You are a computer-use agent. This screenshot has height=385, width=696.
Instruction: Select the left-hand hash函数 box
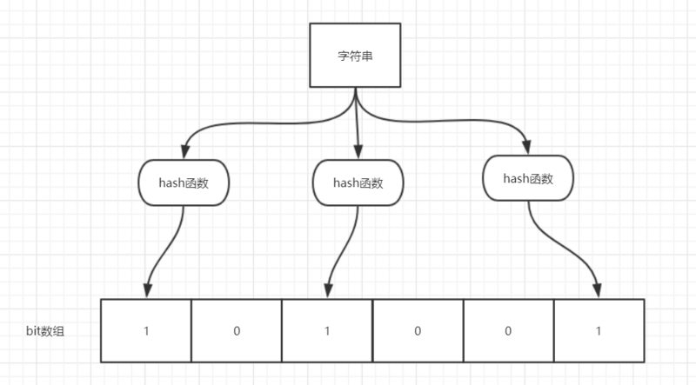(183, 183)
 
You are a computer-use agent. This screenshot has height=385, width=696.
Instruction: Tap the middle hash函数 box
(358, 183)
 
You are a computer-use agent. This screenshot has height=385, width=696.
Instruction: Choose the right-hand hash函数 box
(528, 178)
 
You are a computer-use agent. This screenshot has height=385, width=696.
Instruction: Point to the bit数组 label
(46, 331)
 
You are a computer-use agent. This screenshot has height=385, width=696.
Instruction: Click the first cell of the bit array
(145, 331)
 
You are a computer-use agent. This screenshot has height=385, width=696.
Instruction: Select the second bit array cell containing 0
(236, 331)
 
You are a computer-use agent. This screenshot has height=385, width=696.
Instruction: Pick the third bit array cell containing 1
(326, 331)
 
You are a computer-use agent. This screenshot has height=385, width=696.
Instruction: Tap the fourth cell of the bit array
(417, 331)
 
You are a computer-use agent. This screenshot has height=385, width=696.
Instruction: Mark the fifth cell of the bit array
(507, 331)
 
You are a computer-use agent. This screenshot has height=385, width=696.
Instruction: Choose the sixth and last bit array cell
(599, 331)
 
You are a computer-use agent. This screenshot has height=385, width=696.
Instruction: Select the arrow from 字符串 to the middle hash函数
(358, 122)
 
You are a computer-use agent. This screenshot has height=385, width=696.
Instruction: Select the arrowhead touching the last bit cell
(599, 290)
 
